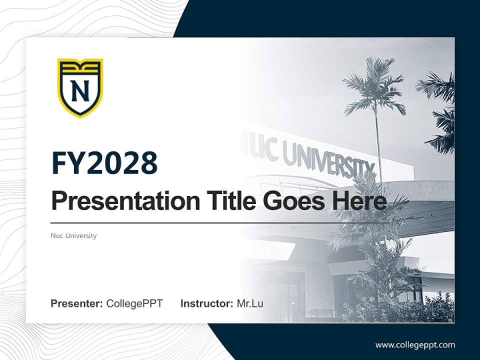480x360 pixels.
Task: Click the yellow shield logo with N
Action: (80, 87)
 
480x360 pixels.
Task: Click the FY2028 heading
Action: (104, 163)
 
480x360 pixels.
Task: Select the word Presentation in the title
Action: (118, 201)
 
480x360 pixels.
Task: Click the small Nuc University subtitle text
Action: (73, 235)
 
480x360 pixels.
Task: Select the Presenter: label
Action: (76, 303)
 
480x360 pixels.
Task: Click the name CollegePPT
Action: (134, 303)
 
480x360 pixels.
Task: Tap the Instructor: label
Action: (206, 303)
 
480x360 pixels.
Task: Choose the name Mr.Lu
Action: (250, 303)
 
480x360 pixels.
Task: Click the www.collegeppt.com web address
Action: (415, 344)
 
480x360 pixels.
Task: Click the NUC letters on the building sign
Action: (264, 147)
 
